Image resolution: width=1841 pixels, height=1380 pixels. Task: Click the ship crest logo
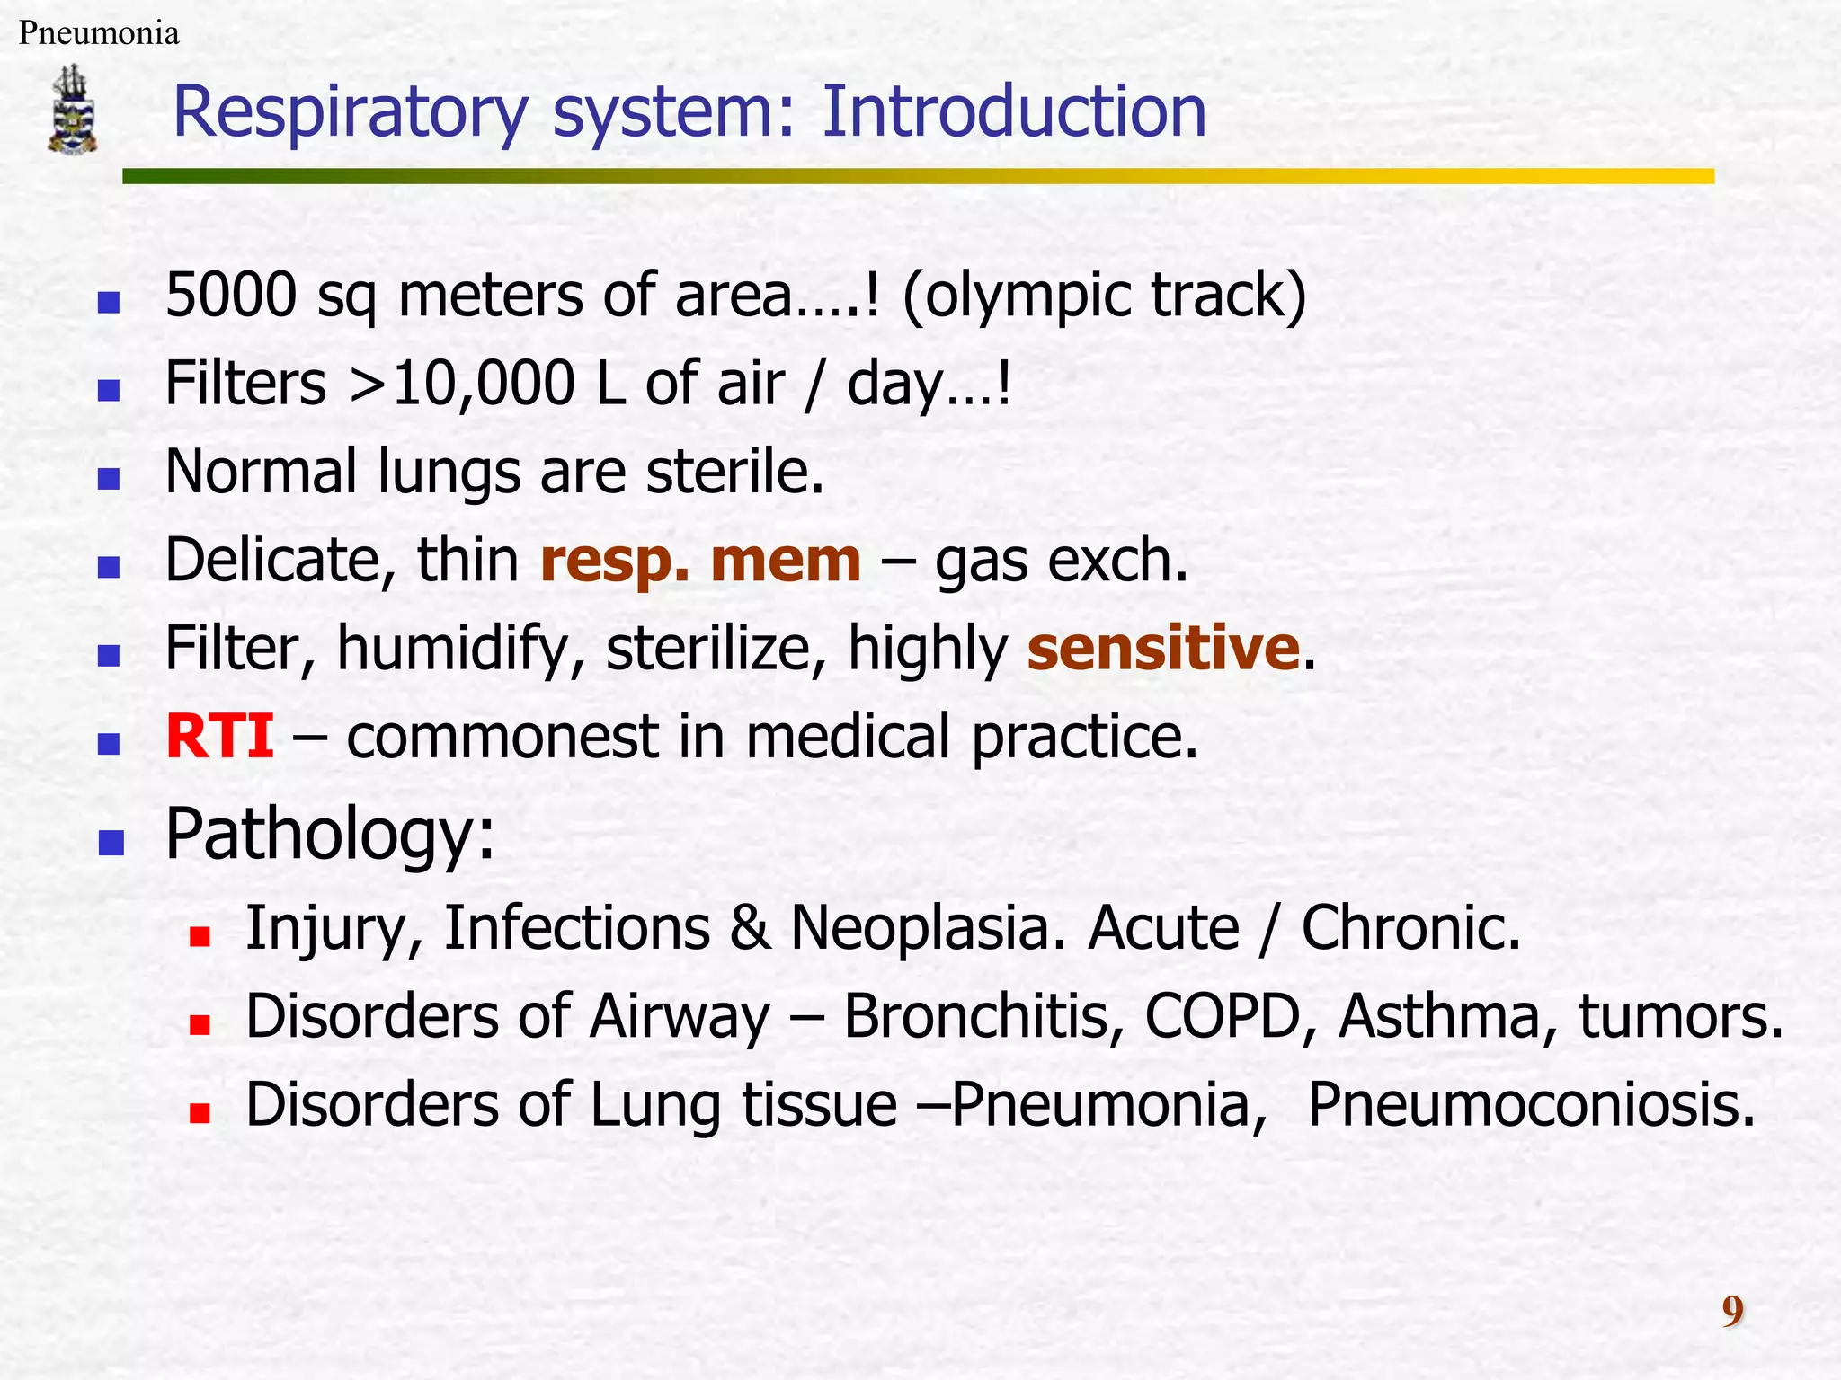coord(73,109)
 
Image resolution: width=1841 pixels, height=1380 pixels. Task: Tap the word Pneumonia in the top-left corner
coord(99,33)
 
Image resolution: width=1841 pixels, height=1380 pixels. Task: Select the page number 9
coord(1732,1311)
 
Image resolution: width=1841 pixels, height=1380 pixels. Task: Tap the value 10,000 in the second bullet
coord(483,384)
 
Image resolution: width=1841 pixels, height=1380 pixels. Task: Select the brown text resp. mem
coord(700,561)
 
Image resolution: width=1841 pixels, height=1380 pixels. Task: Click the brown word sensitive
coord(1163,648)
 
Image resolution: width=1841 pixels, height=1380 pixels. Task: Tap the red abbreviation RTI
coord(220,736)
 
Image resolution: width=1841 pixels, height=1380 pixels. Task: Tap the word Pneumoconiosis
coord(1530,1104)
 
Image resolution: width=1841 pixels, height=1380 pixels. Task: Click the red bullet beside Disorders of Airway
coord(200,1025)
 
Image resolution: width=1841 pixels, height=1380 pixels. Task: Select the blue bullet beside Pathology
coord(111,842)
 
